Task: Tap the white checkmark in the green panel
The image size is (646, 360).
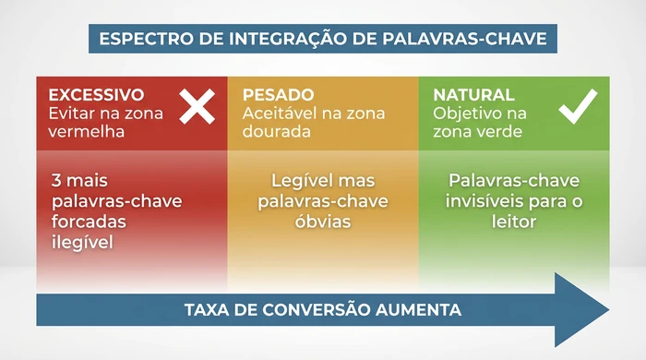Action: (578, 107)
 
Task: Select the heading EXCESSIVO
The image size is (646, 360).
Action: (96, 95)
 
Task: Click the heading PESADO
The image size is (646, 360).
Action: (278, 95)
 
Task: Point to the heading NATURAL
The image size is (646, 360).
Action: (474, 95)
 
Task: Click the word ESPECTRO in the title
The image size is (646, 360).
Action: (141, 39)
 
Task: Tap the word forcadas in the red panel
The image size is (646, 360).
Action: (88, 222)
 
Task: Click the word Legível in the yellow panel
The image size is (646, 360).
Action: (298, 181)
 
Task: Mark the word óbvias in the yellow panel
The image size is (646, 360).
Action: (323, 222)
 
